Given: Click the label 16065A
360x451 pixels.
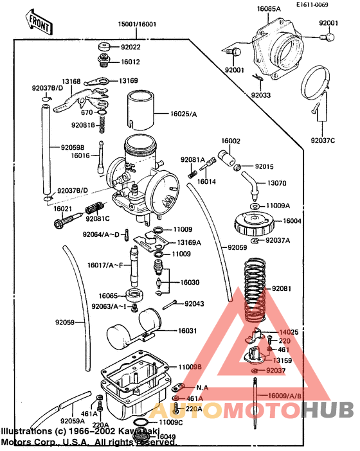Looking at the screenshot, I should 269,9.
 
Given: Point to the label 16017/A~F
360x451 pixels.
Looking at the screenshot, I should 106,265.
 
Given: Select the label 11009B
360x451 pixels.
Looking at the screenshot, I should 190,366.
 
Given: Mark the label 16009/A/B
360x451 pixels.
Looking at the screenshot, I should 284,396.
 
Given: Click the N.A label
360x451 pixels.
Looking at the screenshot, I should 202,387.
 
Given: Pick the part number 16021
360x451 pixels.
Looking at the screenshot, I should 62,209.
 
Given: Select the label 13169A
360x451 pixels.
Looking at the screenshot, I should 188,243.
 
